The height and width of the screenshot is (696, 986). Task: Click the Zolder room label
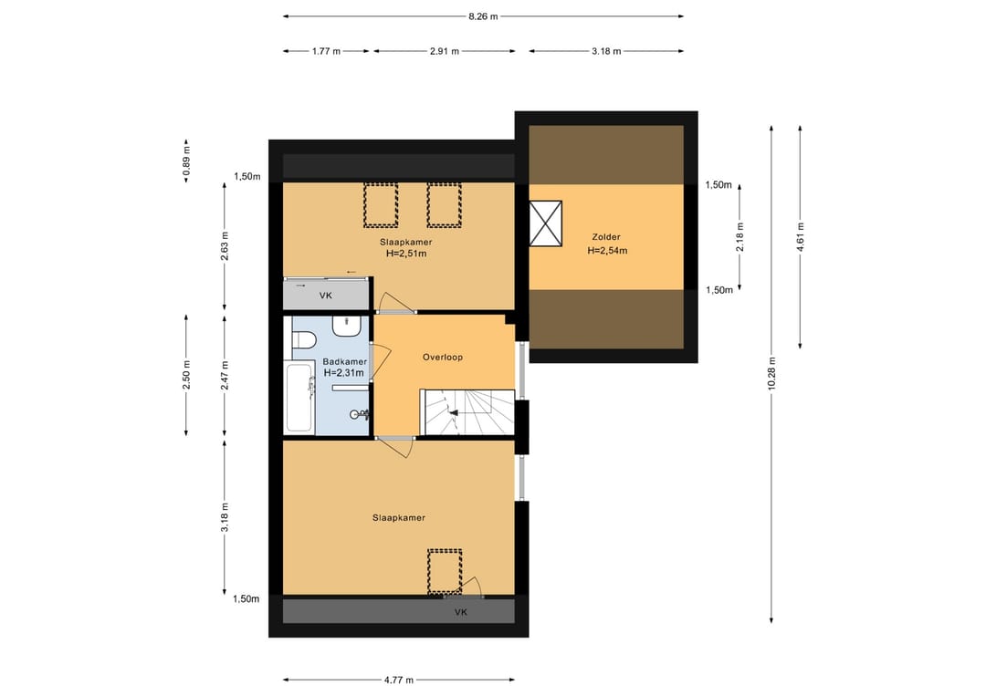click(x=606, y=237)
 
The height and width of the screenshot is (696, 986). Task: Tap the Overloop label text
click(x=443, y=357)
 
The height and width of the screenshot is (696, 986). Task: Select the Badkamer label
click(x=344, y=361)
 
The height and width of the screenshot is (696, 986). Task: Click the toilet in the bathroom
click(x=303, y=340)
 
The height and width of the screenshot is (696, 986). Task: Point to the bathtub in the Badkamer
click(x=300, y=397)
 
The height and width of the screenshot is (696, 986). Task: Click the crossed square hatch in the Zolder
click(x=545, y=223)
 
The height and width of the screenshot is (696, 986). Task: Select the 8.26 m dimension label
click(x=483, y=16)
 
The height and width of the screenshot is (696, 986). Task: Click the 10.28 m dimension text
click(x=771, y=374)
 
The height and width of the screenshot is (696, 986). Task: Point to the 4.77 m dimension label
click(x=399, y=680)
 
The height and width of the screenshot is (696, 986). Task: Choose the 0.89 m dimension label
click(x=186, y=161)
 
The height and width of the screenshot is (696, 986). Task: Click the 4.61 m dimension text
click(x=800, y=237)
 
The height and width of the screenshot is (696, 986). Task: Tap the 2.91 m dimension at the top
click(x=445, y=51)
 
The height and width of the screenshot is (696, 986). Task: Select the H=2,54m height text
click(x=607, y=250)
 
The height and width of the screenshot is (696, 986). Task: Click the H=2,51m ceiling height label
click(x=406, y=254)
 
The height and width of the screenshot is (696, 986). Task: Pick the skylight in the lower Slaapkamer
click(x=445, y=572)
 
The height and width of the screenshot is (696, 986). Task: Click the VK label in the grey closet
click(x=326, y=296)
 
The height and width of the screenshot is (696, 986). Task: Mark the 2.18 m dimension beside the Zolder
click(x=740, y=237)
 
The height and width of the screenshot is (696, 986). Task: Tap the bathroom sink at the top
click(x=346, y=326)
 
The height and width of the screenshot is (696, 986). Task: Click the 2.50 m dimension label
click(x=186, y=375)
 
